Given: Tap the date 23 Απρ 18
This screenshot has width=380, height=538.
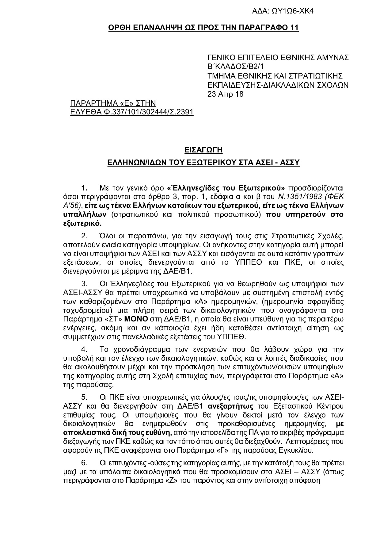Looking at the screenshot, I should click(x=225, y=94).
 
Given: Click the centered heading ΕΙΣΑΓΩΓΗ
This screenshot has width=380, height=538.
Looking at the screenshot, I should click(x=203, y=150).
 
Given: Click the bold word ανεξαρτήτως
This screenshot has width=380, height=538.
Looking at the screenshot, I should click(x=231, y=406).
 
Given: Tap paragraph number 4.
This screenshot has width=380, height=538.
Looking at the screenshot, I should click(x=84, y=349).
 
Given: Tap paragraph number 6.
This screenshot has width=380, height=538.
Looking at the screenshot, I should click(x=84, y=463).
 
